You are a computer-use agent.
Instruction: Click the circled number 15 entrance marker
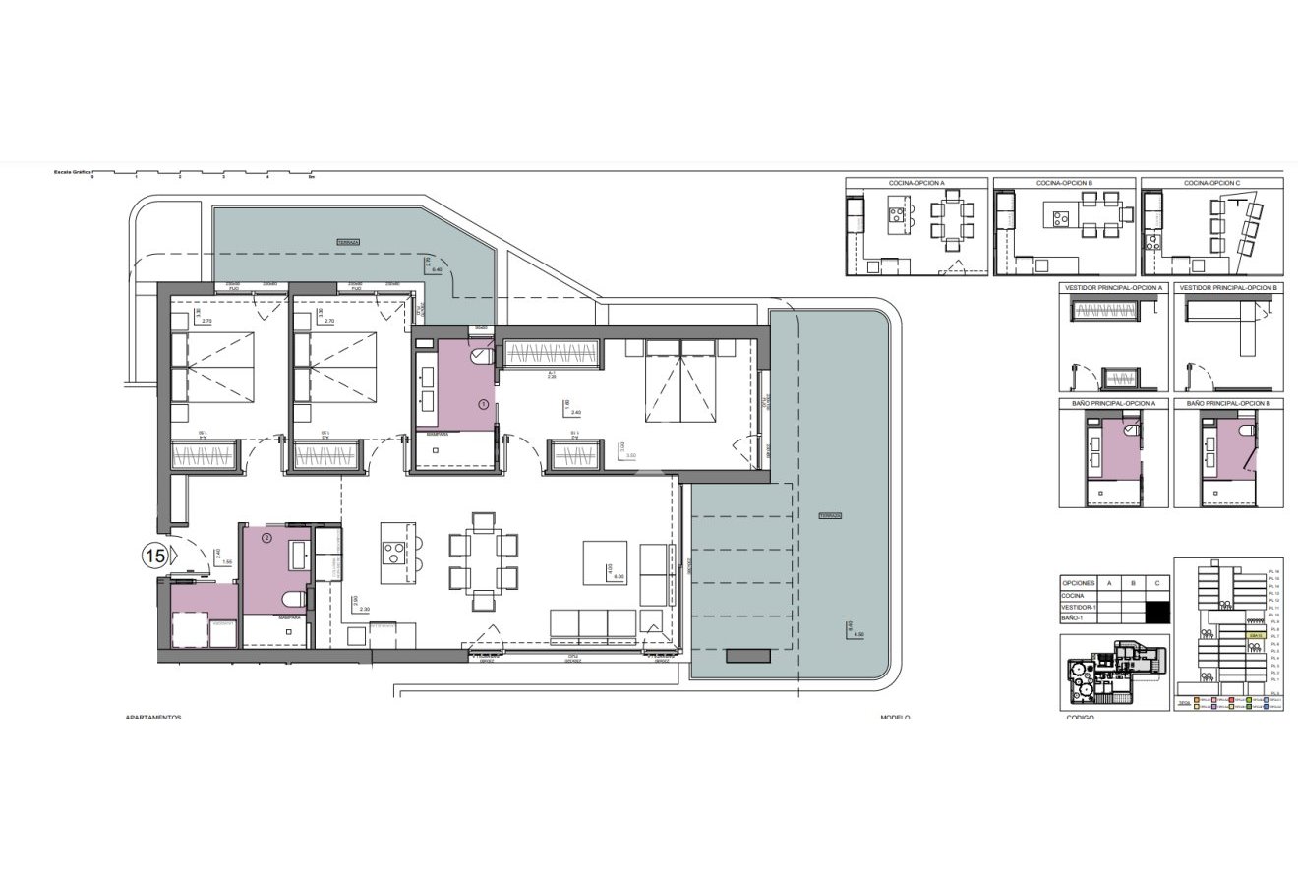(154, 556)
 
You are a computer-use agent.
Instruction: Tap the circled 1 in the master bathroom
(483, 404)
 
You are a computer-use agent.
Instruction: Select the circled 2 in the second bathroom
(265, 538)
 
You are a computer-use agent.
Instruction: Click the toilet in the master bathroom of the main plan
(482, 356)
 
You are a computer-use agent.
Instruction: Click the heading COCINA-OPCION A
(916, 183)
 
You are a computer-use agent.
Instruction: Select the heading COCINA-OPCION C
(1211, 183)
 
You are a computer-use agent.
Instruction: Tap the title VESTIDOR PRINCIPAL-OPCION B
(1228, 288)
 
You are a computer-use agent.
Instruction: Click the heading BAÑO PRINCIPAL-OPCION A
(1113, 403)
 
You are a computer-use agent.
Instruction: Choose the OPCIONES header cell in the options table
(1079, 582)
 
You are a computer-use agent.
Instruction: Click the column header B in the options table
(1134, 582)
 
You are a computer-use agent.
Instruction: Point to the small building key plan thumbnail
(1114, 673)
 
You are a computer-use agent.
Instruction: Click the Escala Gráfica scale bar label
(72, 172)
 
